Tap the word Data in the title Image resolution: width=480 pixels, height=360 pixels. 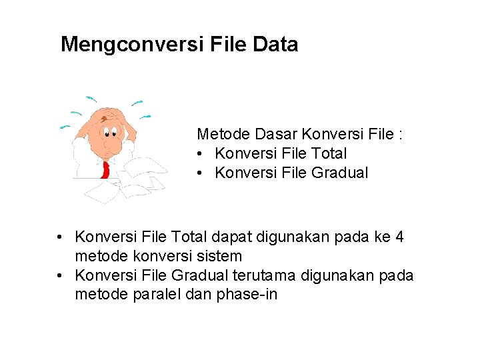click(275, 45)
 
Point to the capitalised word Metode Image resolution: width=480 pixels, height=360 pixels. click(221, 134)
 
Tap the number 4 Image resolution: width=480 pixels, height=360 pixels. click(399, 237)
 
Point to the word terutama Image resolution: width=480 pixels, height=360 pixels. click(266, 275)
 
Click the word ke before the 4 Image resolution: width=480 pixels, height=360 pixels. click(381, 237)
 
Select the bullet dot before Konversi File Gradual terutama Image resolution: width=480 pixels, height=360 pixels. click(60, 275)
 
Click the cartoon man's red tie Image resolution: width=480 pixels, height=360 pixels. click(105, 169)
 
